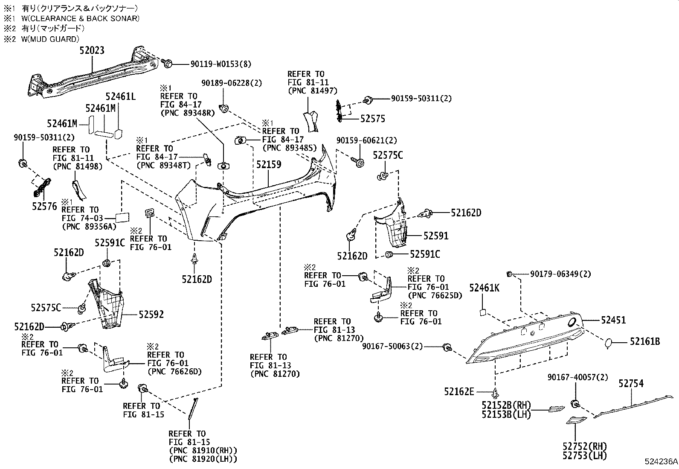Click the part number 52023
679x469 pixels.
point(92,50)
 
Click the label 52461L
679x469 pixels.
point(121,97)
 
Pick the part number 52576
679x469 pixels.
point(44,207)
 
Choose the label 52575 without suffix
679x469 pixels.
point(372,119)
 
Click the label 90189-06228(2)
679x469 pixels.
point(232,83)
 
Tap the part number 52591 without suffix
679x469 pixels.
point(435,236)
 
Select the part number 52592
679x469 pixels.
point(151,315)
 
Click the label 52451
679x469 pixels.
point(613,320)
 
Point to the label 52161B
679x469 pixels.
point(645,341)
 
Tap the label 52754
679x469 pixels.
point(631,384)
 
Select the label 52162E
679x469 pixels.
point(458,391)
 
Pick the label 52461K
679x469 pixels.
point(484,288)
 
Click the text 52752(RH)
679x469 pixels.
point(584,447)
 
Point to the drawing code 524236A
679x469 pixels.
point(661,462)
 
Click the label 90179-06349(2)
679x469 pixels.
point(560,274)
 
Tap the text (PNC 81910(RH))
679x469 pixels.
point(203,450)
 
